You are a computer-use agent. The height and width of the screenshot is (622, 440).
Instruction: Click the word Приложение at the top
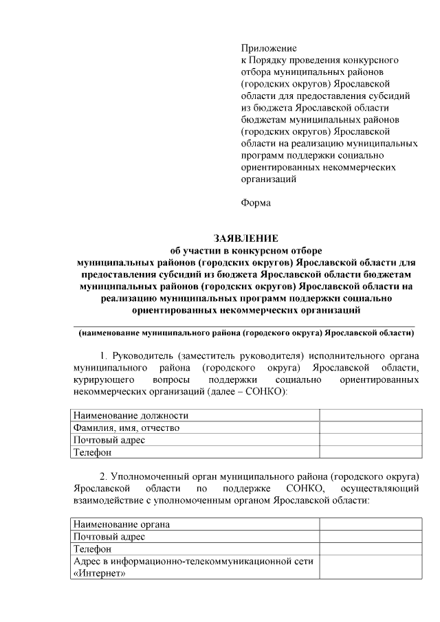point(269,48)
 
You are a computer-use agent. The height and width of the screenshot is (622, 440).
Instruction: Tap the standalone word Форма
point(256,203)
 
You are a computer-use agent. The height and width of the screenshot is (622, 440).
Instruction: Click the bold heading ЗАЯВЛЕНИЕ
point(245,239)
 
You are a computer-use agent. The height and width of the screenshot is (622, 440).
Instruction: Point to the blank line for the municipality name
point(245,323)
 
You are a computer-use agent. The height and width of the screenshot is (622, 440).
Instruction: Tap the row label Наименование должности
point(131,416)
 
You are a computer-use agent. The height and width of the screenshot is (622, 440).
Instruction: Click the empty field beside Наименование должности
point(370,416)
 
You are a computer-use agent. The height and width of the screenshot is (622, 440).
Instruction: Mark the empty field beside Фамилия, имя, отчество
point(370,427)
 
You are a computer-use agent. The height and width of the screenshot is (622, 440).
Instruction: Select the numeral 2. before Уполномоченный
point(104,476)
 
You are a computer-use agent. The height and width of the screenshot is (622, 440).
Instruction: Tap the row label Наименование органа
point(122,524)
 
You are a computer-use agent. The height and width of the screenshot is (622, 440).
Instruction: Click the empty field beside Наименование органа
point(370,524)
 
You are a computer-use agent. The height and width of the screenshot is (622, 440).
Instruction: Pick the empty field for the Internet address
point(370,568)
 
